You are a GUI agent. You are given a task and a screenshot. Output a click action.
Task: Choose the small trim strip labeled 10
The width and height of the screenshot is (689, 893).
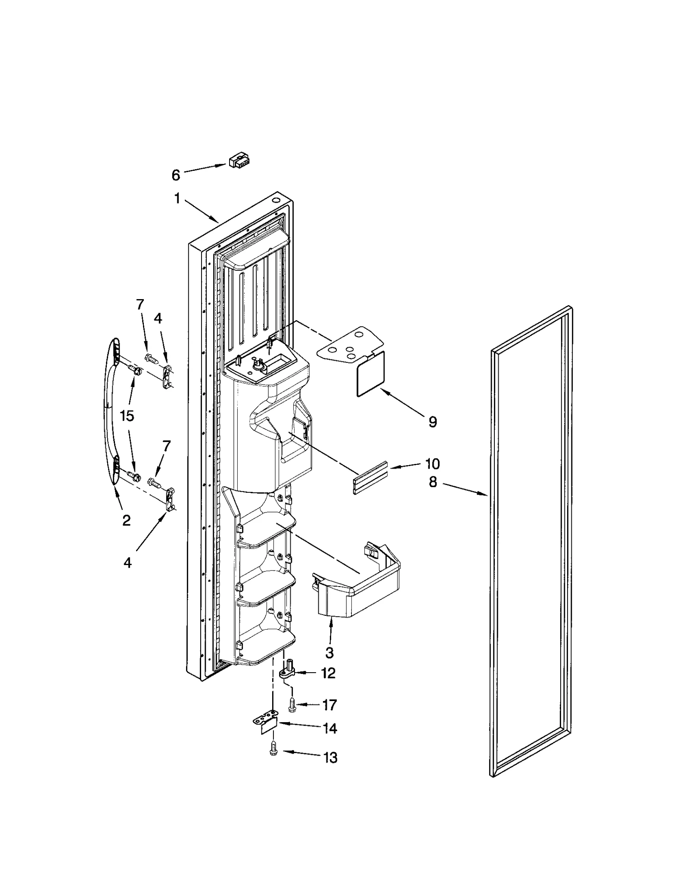(370, 479)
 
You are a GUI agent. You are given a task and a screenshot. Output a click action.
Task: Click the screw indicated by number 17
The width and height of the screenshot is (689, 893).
(292, 705)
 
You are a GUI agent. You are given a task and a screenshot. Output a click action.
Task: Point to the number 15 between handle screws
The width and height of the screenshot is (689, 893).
(127, 416)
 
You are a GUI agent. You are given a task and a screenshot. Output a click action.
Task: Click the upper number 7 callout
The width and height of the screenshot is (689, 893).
(140, 305)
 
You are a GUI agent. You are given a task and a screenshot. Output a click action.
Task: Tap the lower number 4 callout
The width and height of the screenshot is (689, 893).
(127, 562)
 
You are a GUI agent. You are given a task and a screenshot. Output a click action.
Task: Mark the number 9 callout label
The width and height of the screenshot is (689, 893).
(432, 422)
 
